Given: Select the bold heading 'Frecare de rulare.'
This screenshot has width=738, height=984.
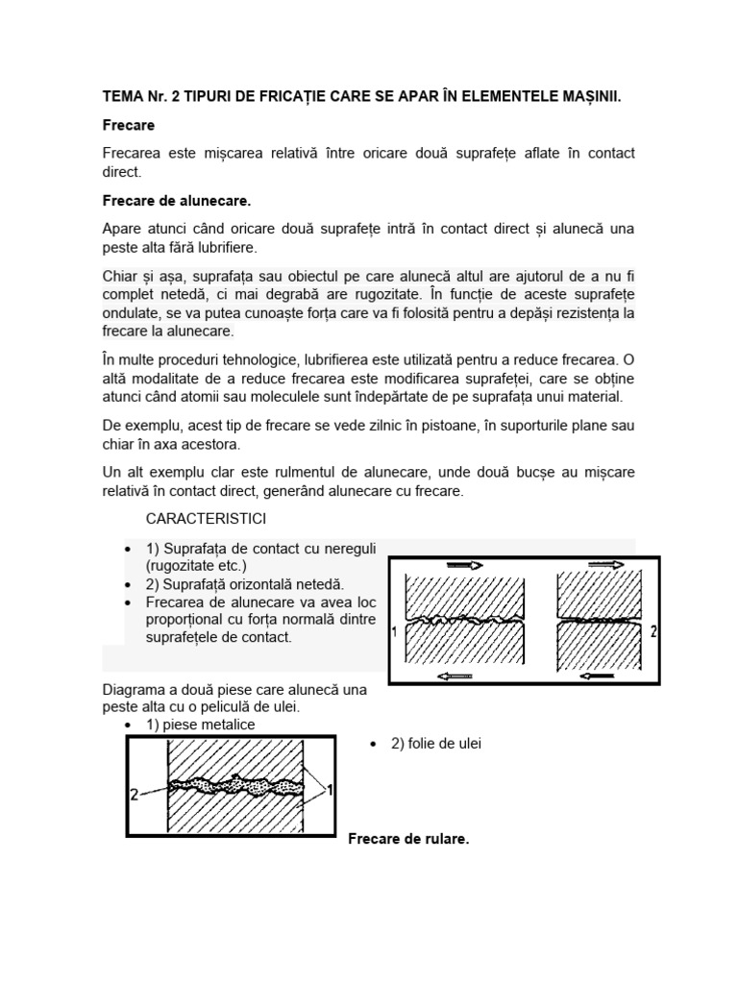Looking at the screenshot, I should pos(408,839).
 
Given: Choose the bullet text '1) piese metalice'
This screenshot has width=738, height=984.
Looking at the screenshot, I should pos(201,725).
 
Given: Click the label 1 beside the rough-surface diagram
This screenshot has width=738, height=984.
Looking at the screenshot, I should pos(395,632).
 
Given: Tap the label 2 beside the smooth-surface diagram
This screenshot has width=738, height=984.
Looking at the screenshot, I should pos(652,632).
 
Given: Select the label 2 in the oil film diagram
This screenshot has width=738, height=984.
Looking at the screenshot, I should pos(135,795).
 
